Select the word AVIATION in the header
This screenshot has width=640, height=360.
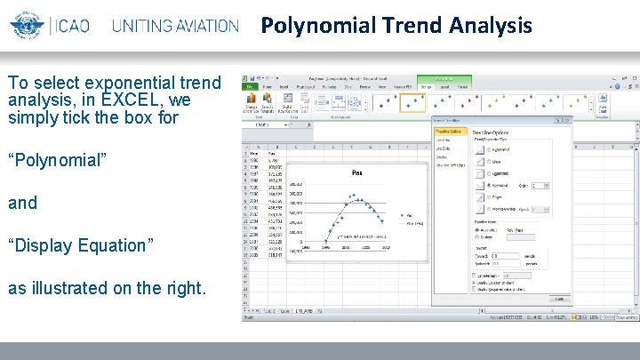199,25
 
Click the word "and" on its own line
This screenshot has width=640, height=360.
22,203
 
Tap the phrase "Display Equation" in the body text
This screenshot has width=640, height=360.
81,245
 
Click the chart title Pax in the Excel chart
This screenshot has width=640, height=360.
356,172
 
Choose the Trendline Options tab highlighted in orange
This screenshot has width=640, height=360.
451,131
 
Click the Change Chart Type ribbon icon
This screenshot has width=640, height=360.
252,101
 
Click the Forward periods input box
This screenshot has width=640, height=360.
508,254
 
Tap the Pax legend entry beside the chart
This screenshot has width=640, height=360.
408,215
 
